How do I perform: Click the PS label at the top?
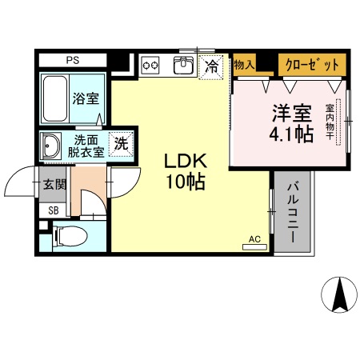(73, 59)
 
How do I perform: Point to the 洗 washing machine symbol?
(120, 144)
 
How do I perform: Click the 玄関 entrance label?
(54, 185)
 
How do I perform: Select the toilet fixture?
(68, 237)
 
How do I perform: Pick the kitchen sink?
(185, 64)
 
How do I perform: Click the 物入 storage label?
(244, 64)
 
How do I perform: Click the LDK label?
(186, 159)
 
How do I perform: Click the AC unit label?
(254, 239)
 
